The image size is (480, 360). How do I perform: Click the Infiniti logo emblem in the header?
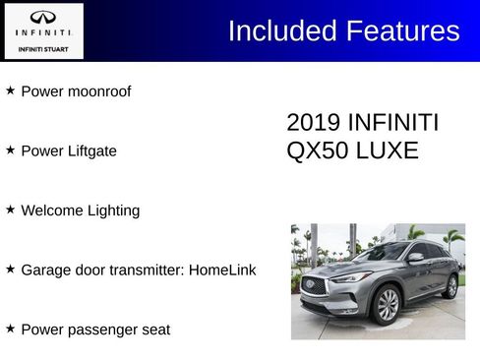click(43, 17)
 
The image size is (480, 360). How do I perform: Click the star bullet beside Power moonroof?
click(10, 90)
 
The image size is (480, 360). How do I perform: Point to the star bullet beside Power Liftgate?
click(10, 150)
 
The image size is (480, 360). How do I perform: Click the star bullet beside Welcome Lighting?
click(10, 210)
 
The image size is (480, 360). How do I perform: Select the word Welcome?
click(52, 210)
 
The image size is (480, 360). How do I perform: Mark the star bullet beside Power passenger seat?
click(10, 328)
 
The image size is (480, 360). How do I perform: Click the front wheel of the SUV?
click(388, 306)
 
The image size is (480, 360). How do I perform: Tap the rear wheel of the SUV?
click(450, 286)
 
